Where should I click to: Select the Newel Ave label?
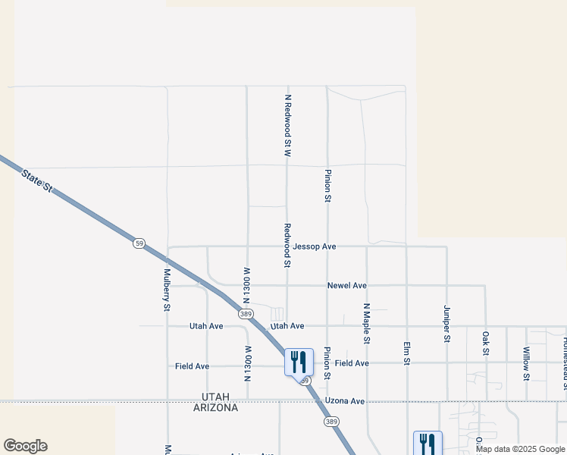pyautogui.click(x=346, y=286)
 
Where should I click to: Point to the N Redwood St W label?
pyautogui.click(x=288, y=125)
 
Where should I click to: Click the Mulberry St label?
pyautogui.click(x=168, y=289)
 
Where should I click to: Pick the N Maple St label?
pyautogui.click(x=366, y=324)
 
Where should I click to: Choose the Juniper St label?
pyautogui.click(x=446, y=324)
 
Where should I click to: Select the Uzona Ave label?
pyautogui.click(x=345, y=400)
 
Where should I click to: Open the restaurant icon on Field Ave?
pyautogui.click(x=299, y=361)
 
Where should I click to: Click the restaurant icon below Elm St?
pyautogui.click(x=428, y=443)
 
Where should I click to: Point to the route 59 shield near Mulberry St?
pyautogui.click(x=138, y=243)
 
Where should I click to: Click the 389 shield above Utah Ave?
pyautogui.click(x=246, y=312)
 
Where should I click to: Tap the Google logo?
pyautogui.click(x=25, y=446)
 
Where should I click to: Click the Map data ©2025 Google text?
pyautogui.click(x=520, y=449)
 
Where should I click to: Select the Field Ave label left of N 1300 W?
pyautogui.click(x=192, y=366)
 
